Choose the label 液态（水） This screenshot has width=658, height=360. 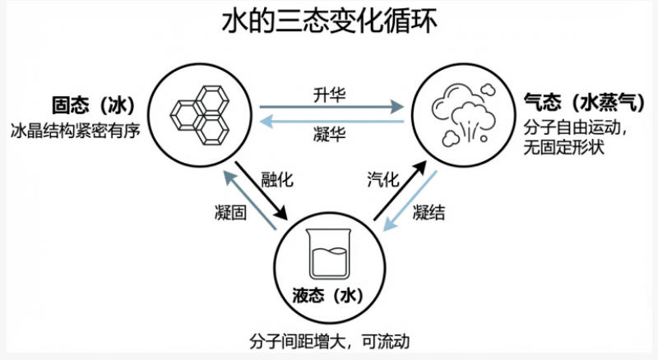point(329,294)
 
